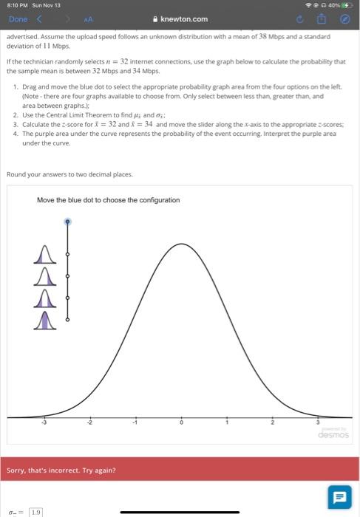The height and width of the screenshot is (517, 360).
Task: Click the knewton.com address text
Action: [x=184, y=19]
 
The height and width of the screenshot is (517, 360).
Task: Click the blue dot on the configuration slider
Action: [x=67, y=221]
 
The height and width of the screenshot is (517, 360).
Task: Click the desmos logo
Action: [x=333, y=434]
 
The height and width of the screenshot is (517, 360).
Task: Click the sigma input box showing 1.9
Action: [x=36, y=511]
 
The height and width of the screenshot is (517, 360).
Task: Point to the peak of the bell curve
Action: [x=181, y=243]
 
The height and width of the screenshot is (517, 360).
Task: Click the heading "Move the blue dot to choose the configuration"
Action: [x=108, y=200]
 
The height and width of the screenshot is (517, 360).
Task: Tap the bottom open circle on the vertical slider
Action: [x=67, y=319]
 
